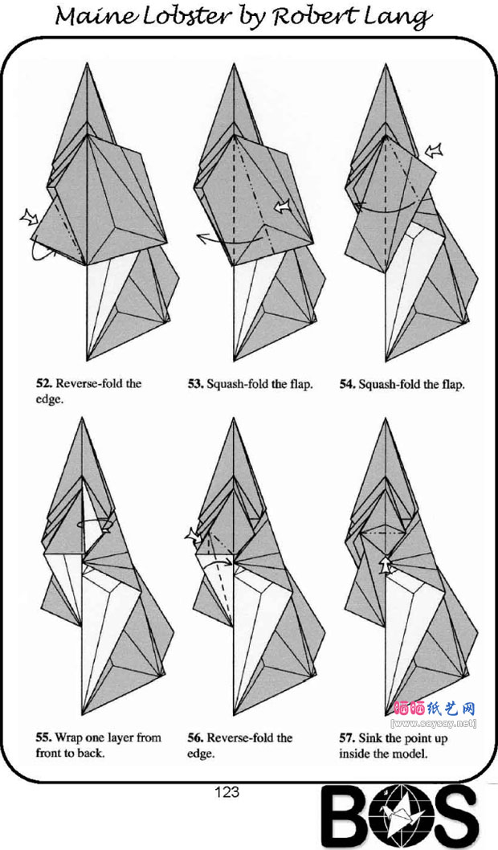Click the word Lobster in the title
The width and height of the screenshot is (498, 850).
coord(178,17)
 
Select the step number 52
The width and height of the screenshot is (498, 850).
coord(43,384)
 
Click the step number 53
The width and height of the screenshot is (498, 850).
coord(195,384)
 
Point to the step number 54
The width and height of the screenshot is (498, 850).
coord(347,385)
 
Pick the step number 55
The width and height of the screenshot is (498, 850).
coord(43,738)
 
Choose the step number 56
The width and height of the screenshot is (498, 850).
coord(195,738)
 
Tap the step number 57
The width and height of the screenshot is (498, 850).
coord(347,738)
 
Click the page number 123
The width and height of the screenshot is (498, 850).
coord(227,792)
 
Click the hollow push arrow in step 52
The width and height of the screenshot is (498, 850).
coord(29,218)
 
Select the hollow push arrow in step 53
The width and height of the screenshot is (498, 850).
coord(282,206)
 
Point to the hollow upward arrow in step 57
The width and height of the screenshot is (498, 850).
coord(384,564)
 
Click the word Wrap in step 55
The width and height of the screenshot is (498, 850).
coord(69,738)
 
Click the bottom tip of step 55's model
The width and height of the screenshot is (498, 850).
coord(82,714)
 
